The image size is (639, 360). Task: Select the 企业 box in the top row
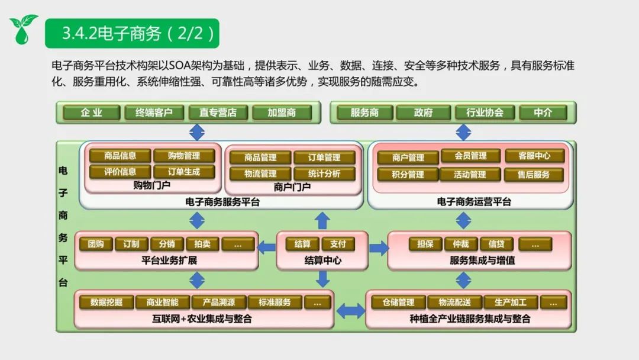(x=91, y=112)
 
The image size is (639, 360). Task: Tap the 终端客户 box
(x=154, y=112)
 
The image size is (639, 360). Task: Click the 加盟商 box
(x=282, y=112)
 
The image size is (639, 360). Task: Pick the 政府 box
(x=423, y=112)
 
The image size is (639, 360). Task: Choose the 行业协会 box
(x=485, y=112)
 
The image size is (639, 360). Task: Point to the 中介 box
(x=543, y=112)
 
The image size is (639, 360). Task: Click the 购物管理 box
(x=184, y=156)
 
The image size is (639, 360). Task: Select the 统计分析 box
(x=324, y=173)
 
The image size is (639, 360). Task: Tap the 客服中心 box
(x=534, y=156)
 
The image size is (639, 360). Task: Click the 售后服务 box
(x=534, y=175)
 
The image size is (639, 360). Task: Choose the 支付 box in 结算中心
(x=338, y=244)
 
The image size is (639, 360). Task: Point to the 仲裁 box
(x=461, y=244)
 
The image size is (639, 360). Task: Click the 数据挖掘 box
(x=106, y=303)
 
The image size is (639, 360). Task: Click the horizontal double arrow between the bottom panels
(x=350, y=310)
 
